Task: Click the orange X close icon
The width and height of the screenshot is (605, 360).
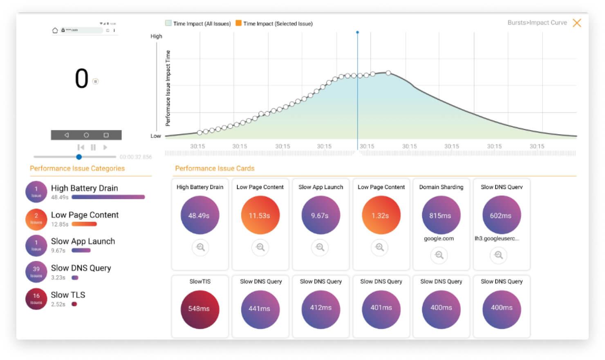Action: pos(577,23)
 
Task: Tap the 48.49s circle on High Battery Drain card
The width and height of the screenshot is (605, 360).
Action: pos(199,215)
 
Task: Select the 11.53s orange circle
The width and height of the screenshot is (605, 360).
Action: pos(260,215)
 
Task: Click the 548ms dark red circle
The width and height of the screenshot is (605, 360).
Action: pos(199,309)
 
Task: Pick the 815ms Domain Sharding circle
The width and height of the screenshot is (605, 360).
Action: pos(441,215)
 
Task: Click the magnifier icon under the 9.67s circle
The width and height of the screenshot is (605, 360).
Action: pos(320,247)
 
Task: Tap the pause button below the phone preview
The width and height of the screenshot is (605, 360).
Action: pos(93,147)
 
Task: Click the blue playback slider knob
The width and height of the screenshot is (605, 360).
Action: pos(79,157)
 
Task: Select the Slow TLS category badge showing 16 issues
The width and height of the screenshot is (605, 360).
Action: pos(36,299)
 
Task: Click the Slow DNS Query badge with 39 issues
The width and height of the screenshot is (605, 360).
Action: pos(36,272)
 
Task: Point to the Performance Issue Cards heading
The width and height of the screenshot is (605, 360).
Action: pos(215,168)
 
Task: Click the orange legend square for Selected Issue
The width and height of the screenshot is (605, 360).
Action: pos(238,23)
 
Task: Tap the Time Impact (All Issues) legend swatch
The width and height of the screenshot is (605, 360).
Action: pos(168,23)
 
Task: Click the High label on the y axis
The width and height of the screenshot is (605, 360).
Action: pos(156,36)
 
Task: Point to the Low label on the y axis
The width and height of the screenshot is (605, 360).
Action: pos(155,136)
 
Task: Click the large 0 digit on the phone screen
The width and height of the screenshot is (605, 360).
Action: pos(82,79)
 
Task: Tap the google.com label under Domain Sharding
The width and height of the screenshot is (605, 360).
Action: pos(439,239)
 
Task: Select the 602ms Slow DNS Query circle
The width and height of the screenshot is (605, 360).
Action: pos(501,215)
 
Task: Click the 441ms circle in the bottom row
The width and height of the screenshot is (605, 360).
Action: pos(260,309)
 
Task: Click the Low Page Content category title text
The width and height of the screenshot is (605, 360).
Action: pos(85,215)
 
